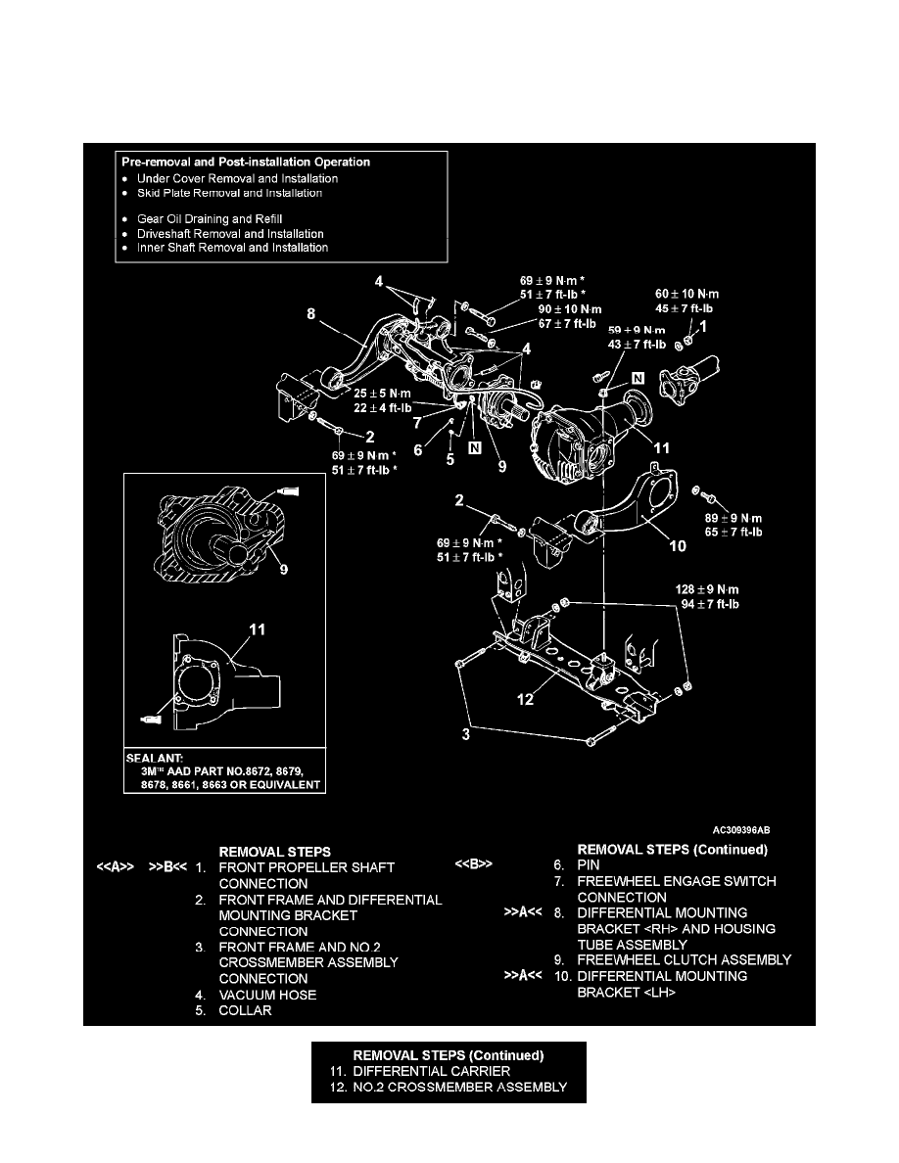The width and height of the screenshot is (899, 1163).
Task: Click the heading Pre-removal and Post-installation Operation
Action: click(245, 162)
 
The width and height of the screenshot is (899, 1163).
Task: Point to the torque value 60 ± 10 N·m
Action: click(693, 293)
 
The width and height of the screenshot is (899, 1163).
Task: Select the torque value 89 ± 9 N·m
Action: click(733, 519)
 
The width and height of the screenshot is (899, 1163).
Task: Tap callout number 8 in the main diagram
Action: click(310, 315)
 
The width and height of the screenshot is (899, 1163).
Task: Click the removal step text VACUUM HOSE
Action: click(267, 995)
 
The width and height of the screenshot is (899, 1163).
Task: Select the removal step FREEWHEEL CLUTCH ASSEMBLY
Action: click(685, 960)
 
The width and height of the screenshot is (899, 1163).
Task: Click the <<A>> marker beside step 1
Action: click(116, 867)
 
